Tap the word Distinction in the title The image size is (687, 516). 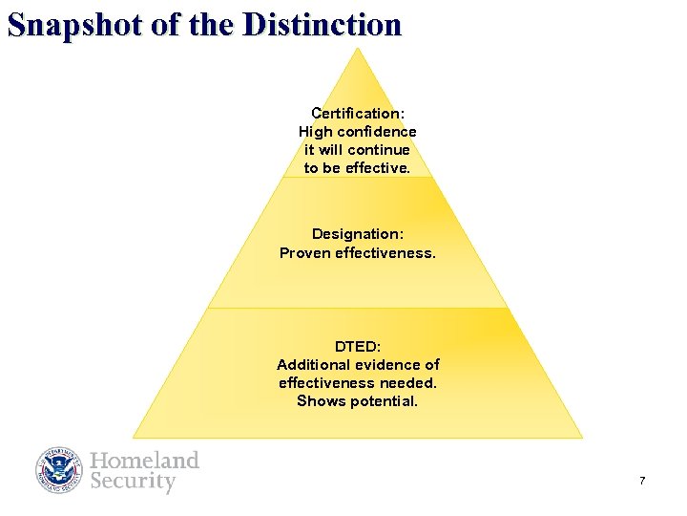point(323,24)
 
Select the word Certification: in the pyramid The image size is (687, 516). point(358,113)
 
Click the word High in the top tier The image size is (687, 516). point(315,131)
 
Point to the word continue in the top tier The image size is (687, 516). point(379,149)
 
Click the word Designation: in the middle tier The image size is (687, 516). point(358,234)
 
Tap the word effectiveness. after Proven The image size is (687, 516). point(385,252)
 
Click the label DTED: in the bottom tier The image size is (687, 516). point(358,346)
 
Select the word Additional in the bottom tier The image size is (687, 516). point(313,364)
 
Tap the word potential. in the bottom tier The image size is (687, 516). point(385,400)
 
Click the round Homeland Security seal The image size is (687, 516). point(59,470)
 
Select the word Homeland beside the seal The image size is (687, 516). point(145,461)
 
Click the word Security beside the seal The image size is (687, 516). point(134,481)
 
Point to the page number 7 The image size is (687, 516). point(642,481)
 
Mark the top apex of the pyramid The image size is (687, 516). point(358,49)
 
